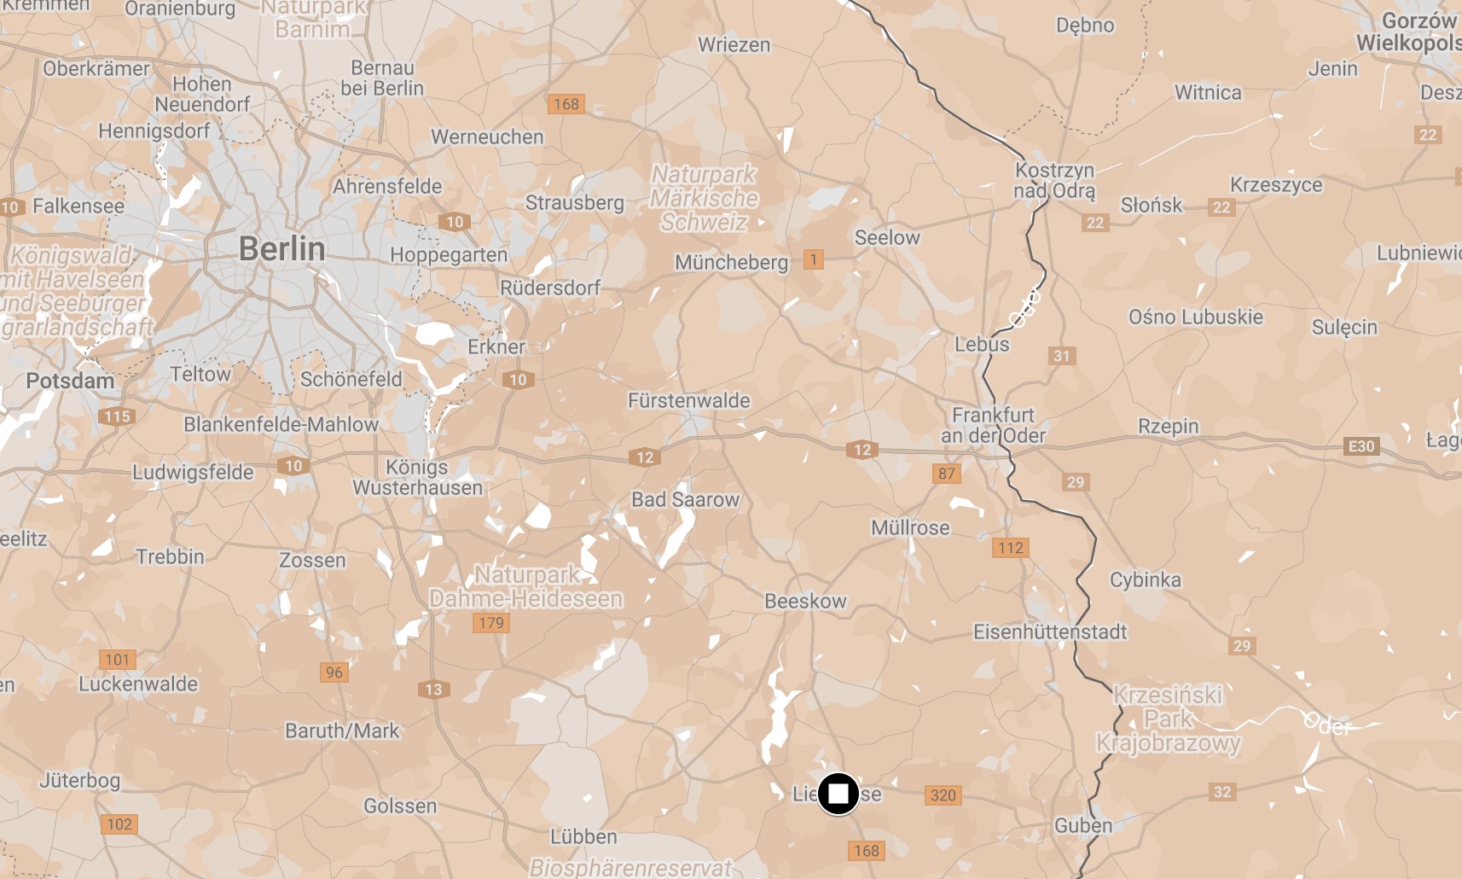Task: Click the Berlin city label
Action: pos(281,249)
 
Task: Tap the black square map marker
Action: pos(838,795)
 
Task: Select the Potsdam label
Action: pos(70,381)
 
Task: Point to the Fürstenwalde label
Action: pos(688,400)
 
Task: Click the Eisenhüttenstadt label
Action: pos(1050,632)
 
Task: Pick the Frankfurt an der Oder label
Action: pos(993,425)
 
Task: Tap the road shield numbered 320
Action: pos(943,795)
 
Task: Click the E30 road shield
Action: pos(1360,446)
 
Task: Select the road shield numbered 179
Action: pos(491,623)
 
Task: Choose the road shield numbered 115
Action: pos(117,416)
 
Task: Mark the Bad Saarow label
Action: pos(685,499)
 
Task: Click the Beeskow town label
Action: pos(805,601)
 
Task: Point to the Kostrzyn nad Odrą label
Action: pos(1054,180)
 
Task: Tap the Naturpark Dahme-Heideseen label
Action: pos(526,586)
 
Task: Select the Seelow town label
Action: pos(887,237)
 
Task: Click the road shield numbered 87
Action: pos(947,474)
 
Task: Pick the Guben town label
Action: pos(1083,825)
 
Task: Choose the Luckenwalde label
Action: pos(138,684)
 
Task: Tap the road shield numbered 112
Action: pos(1010,548)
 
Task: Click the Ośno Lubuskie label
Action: pos(1195,317)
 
